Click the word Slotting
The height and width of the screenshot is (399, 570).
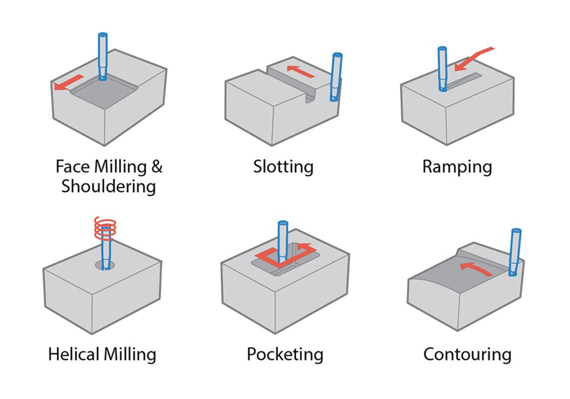(x=283, y=167)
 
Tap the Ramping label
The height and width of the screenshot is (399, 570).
(x=457, y=167)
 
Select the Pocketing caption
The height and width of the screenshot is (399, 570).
(x=285, y=355)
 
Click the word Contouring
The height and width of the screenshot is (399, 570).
(x=467, y=355)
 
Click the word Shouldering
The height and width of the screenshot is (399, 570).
(x=109, y=187)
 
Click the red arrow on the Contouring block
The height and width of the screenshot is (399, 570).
(x=475, y=269)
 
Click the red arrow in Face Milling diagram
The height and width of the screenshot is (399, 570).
(x=68, y=83)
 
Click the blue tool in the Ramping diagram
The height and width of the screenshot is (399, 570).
(x=442, y=68)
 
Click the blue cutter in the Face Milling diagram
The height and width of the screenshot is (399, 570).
(x=103, y=56)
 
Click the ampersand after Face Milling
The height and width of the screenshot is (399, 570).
(x=157, y=166)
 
